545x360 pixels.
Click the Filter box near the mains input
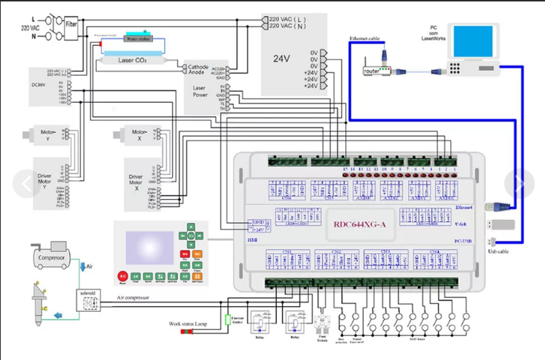(72, 23)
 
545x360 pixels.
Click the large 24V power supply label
(282, 58)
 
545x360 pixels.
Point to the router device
(372, 71)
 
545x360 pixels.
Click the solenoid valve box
(92, 300)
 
